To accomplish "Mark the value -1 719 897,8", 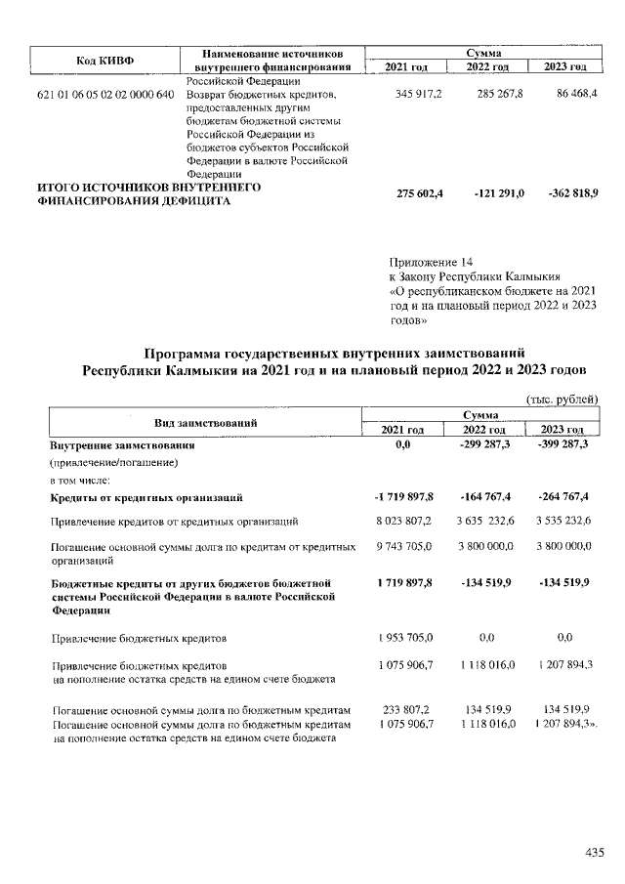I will point(410,497).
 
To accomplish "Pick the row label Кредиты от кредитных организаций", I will point(146,498).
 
